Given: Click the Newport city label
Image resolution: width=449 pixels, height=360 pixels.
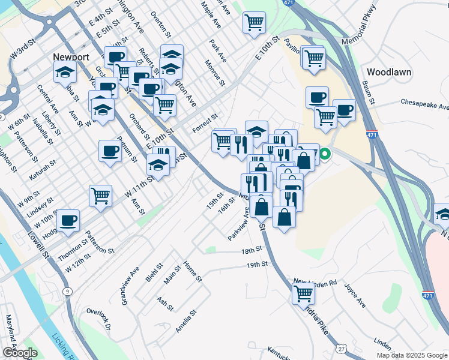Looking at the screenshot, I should point(71,57).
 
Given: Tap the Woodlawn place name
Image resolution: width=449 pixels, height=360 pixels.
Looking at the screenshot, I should point(388,72).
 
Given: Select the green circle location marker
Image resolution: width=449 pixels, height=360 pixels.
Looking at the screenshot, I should point(325,155).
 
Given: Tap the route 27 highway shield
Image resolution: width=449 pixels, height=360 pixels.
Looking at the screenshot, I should point(342,348).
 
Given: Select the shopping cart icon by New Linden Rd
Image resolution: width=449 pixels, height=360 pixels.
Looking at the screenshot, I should point(304,294).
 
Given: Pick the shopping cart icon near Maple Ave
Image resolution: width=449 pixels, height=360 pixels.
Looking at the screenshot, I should point(254,23).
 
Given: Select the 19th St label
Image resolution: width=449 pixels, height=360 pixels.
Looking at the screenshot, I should point(256,265).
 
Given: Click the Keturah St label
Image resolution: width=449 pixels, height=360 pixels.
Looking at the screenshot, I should point(42,171).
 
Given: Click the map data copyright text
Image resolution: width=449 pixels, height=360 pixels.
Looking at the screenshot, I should point(412,355).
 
